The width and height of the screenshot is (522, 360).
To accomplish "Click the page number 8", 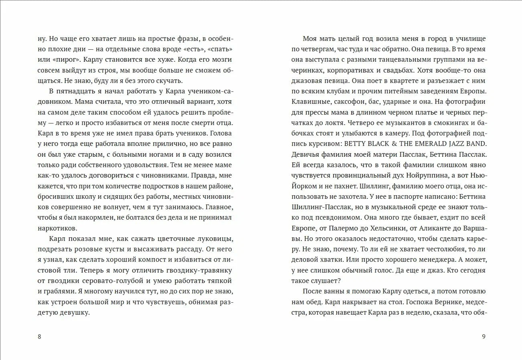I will [x=39, y=336].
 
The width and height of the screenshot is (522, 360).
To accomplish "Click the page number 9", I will [x=484, y=336].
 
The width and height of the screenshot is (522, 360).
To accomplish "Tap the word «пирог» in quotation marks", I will [x=66, y=59].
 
